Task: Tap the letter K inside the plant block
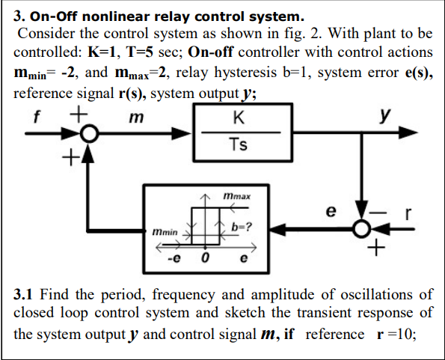(x=237, y=118)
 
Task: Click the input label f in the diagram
(x=36, y=117)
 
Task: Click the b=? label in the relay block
(x=243, y=226)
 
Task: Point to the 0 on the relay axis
(x=203, y=259)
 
